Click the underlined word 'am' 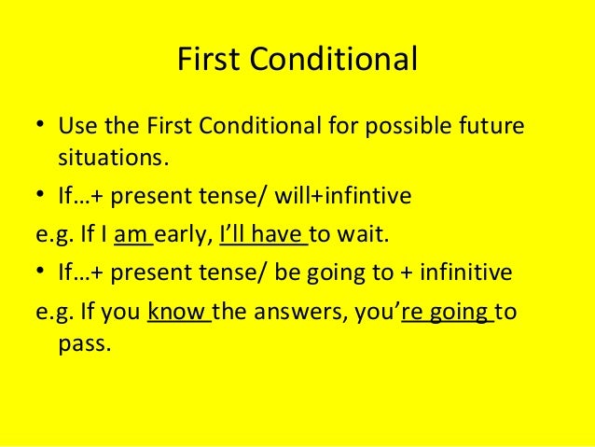[131, 234]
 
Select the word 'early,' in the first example [185, 234]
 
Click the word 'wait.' [366, 234]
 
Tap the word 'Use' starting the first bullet [76, 125]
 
